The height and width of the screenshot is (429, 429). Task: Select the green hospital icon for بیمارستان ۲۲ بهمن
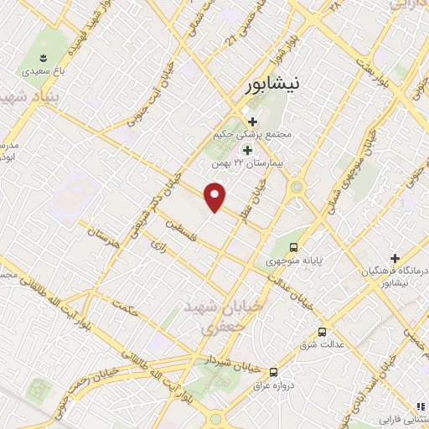coord(247,149)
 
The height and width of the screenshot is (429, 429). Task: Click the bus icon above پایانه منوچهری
coord(293,247)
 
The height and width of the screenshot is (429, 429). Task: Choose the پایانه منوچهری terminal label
coord(294,261)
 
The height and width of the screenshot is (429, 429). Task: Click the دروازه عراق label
coord(274,385)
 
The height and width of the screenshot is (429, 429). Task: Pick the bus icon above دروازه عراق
coord(273,372)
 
